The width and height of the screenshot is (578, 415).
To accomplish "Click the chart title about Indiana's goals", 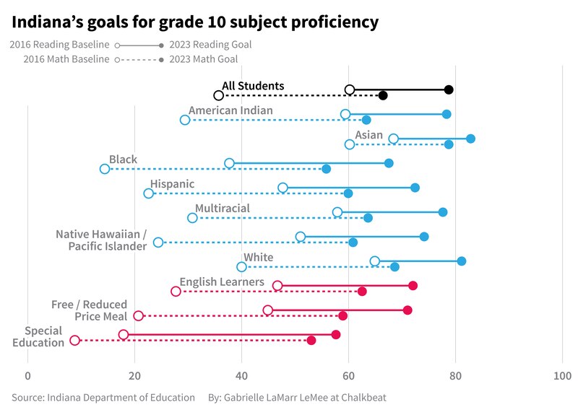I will (195, 22).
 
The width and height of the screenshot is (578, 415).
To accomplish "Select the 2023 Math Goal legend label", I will (203, 59).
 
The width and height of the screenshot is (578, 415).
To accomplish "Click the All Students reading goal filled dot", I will (449, 89).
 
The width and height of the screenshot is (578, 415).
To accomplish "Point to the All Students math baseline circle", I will (218, 95).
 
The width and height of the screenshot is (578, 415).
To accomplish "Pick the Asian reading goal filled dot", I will (470, 139).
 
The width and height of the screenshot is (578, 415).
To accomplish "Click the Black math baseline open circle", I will (105, 169).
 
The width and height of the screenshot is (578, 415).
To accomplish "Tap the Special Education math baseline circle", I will (74, 340).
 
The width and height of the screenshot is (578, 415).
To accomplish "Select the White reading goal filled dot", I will (462, 261).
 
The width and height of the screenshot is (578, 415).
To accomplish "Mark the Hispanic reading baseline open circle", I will (282, 188).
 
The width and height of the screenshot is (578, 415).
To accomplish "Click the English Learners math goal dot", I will (362, 292).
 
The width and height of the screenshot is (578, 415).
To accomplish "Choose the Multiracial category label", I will (223, 209).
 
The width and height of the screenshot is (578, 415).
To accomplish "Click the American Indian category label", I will (230, 110).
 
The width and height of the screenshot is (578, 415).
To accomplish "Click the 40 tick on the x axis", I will (241, 375).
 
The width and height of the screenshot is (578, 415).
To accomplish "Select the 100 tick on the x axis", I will (562, 375).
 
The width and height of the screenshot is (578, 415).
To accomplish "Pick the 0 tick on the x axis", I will (27, 375).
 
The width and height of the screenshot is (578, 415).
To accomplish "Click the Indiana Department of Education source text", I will (103, 397).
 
